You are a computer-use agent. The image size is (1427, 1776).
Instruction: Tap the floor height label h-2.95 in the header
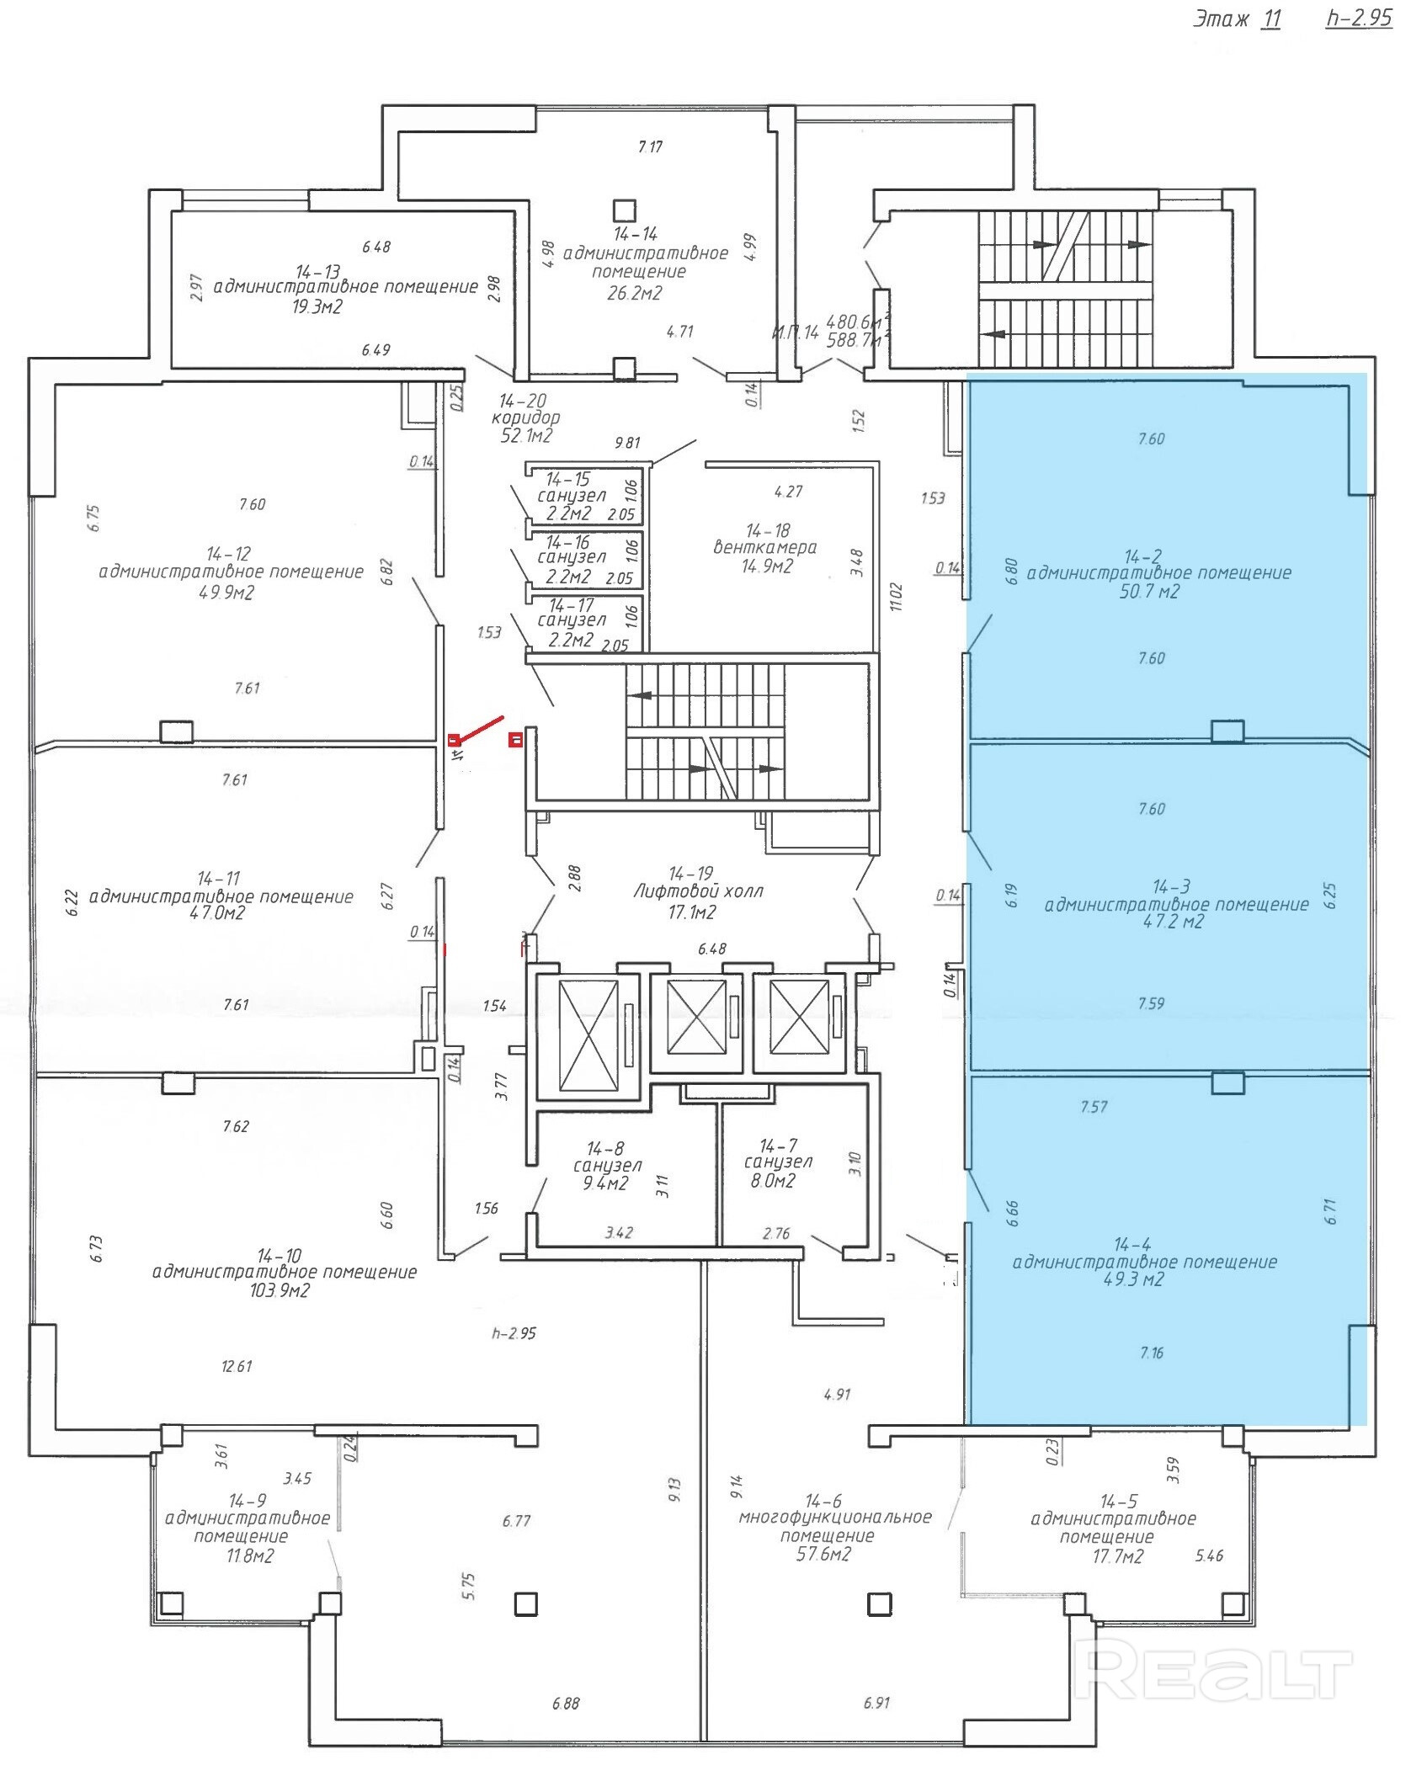[x=1359, y=19]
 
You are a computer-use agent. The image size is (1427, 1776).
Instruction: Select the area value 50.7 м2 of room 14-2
[x=1149, y=592]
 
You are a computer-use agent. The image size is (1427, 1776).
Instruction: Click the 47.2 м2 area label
[x=1173, y=921]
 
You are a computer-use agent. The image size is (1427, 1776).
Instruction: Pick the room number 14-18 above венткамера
[x=768, y=530]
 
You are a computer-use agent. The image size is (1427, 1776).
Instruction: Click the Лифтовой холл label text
[x=698, y=891]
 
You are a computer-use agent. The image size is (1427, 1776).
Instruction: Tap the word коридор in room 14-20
[x=525, y=417]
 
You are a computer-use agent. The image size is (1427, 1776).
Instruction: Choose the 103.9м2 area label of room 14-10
[x=280, y=1290]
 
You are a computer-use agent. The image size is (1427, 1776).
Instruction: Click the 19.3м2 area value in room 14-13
[x=317, y=307]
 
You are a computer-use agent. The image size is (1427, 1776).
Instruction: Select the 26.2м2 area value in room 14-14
[x=636, y=293]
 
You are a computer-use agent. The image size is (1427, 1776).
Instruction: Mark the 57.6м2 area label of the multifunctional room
[x=823, y=1554]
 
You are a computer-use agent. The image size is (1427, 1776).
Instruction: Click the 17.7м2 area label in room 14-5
[x=1118, y=1556]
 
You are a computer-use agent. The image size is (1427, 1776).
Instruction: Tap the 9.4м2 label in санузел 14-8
[x=607, y=1183]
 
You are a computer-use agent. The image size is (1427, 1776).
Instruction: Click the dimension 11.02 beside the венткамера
[x=896, y=597]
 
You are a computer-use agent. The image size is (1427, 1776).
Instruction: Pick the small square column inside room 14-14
[x=624, y=210]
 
